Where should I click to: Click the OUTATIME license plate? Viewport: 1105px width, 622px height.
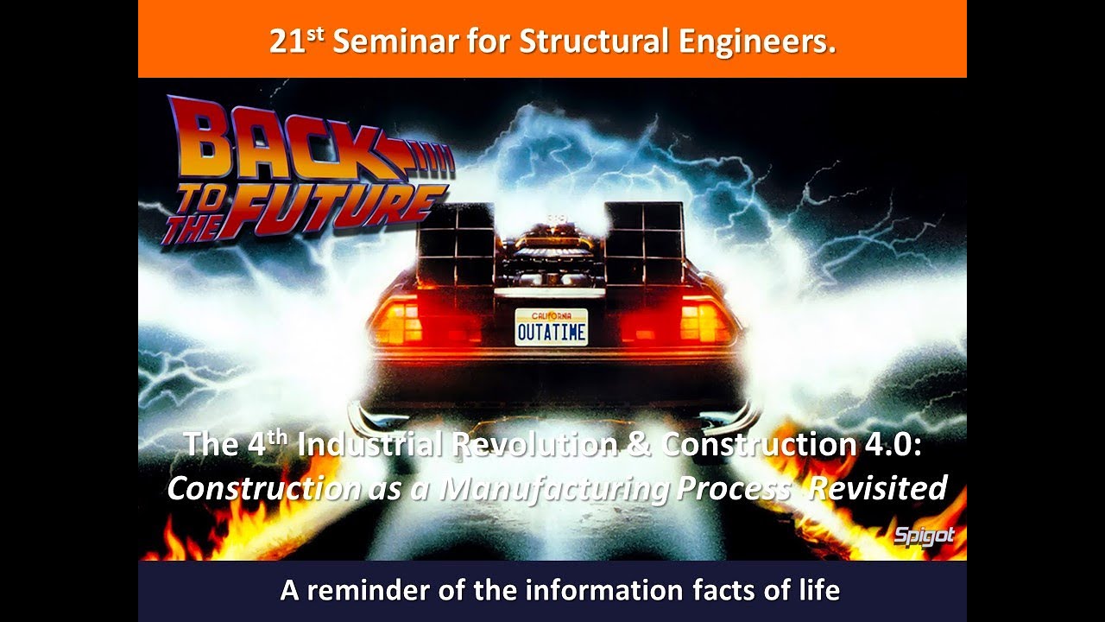pyautogui.click(x=551, y=327)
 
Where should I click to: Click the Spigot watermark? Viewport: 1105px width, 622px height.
pyautogui.click(x=924, y=536)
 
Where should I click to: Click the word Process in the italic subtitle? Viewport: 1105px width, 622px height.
pyautogui.click(x=733, y=488)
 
